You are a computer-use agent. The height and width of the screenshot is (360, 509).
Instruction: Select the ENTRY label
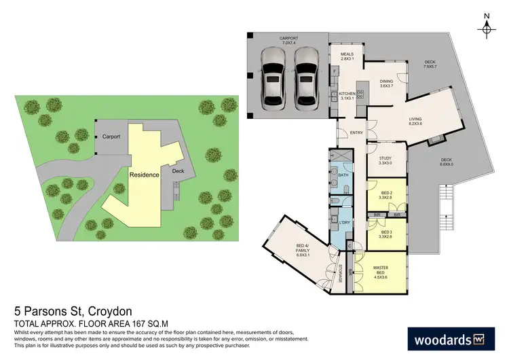click(x=354, y=132)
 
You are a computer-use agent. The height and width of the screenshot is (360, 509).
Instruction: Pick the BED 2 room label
click(x=386, y=196)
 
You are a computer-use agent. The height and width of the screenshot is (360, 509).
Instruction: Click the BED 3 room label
click(x=386, y=234)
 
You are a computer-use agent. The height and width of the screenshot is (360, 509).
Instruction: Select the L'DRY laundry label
click(x=343, y=223)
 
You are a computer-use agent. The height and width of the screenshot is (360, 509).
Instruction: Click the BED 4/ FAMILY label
click(x=302, y=250)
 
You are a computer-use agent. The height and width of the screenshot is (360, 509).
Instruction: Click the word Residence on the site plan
click(x=145, y=175)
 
